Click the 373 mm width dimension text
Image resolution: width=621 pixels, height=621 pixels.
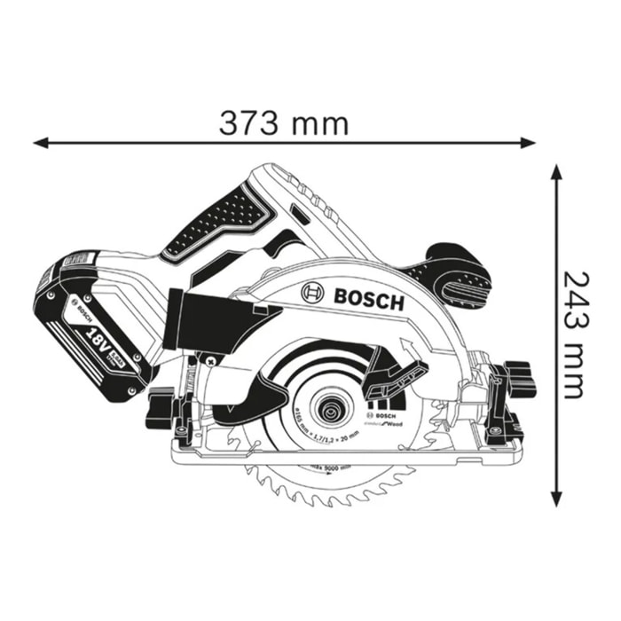click(284, 122)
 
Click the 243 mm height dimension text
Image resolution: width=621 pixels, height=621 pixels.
click(572, 335)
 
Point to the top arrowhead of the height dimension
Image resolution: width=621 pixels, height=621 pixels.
click(557, 171)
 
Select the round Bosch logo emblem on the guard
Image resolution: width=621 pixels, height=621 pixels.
click(313, 293)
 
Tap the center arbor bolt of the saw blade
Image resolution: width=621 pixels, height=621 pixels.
click(333, 411)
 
